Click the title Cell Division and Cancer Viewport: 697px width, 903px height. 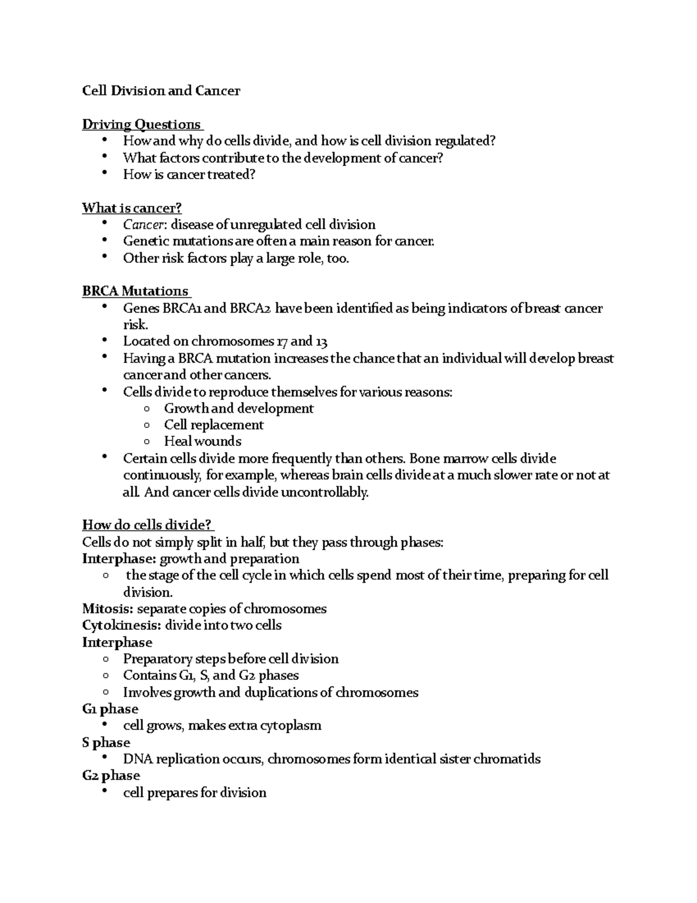click(x=161, y=91)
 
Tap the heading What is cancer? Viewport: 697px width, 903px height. click(x=132, y=208)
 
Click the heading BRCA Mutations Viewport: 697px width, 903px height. click(x=135, y=291)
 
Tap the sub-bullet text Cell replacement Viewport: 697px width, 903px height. click(x=214, y=425)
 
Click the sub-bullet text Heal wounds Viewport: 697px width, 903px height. click(x=203, y=441)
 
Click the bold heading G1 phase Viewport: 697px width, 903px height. click(x=110, y=709)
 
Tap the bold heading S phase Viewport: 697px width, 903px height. click(x=106, y=743)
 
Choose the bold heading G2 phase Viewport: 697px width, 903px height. click(x=111, y=776)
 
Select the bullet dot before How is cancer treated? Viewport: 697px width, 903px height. click(x=104, y=173)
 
